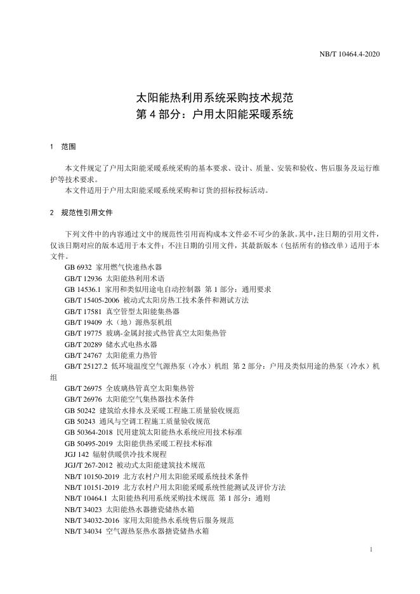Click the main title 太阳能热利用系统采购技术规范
tap(209, 99)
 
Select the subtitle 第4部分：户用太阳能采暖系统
tap(209, 116)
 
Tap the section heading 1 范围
tap(63, 147)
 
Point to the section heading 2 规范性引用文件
tap(81, 213)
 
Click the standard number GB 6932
tap(77, 268)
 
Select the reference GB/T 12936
tap(83, 279)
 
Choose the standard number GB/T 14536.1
tap(85, 289)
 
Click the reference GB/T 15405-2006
tap(89, 300)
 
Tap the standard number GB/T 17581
tap(83, 312)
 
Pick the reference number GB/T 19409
tap(83, 322)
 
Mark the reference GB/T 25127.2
tap(86, 367)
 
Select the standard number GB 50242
tap(80, 411)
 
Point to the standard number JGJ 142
tap(77, 454)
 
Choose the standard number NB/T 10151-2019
tap(92, 487)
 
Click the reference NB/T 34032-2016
tap(92, 520)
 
